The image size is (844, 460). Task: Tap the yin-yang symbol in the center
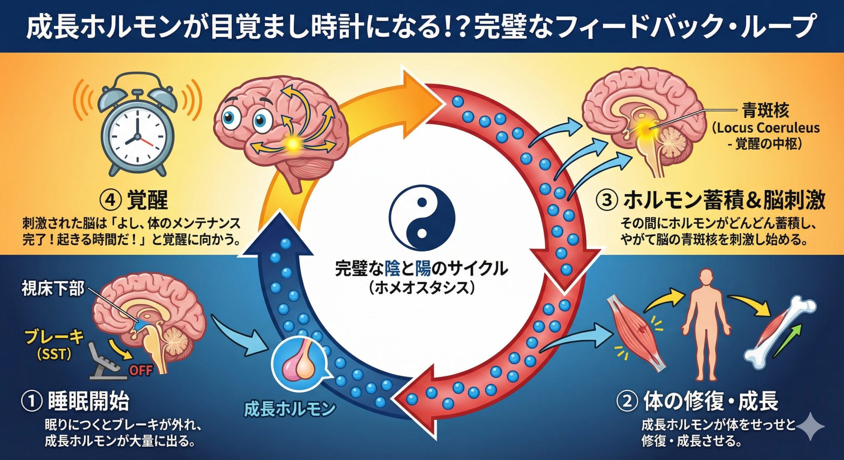(x=422, y=218)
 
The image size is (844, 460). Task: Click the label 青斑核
(x=765, y=111)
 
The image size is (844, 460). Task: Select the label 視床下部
(x=53, y=289)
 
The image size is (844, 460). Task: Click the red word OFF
(x=141, y=370)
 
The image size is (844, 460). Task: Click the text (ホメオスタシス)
(x=422, y=288)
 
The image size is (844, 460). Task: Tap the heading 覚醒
(x=147, y=200)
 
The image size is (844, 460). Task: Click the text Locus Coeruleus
(x=765, y=128)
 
